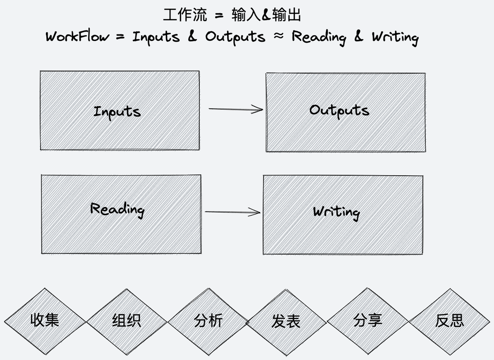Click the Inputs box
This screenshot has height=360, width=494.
pyautogui.click(x=119, y=110)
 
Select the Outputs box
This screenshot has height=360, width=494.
pyautogui.click(x=345, y=112)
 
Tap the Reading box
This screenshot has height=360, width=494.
pyautogui.click(x=121, y=214)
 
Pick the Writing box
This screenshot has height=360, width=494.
pyautogui.click(x=343, y=215)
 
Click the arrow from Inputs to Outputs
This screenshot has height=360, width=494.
pyautogui.click(x=236, y=109)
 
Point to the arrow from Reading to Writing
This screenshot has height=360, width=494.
pyautogui.click(x=232, y=212)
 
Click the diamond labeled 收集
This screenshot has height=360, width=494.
pyautogui.click(x=45, y=320)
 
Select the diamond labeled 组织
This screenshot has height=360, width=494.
pyautogui.click(x=127, y=320)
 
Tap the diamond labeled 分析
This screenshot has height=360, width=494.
pyautogui.click(x=208, y=320)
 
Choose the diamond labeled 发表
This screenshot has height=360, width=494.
pyautogui.click(x=286, y=321)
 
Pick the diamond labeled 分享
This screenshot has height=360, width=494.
pyautogui.click(x=367, y=320)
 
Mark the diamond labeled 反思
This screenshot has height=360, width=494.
pyautogui.click(x=449, y=320)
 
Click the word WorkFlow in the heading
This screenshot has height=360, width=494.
pyautogui.click(x=77, y=36)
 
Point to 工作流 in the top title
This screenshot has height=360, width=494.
pyautogui.click(x=185, y=15)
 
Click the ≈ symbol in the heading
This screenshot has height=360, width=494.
pyautogui.click(x=278, y=36)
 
